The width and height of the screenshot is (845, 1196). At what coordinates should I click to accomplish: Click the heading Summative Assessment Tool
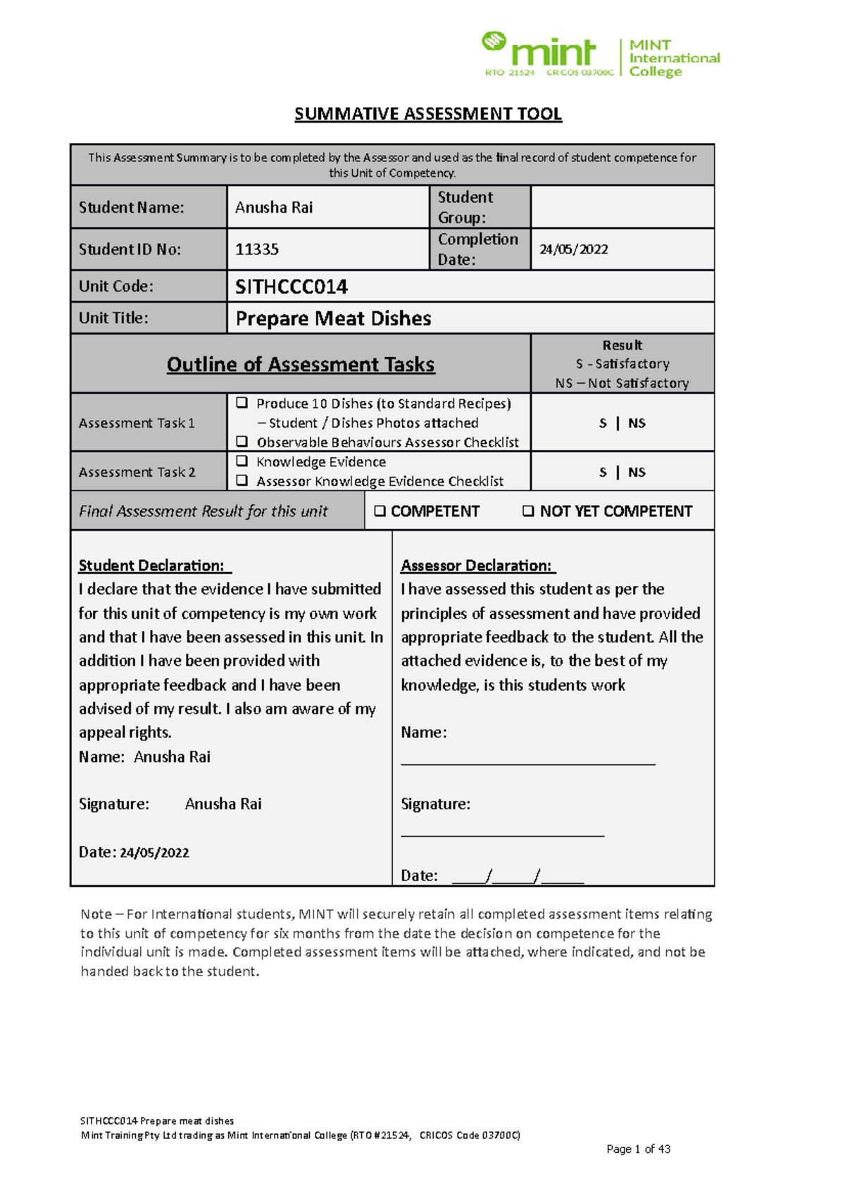pos(428,114)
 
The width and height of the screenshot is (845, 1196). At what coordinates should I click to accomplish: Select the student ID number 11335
pos(257,249)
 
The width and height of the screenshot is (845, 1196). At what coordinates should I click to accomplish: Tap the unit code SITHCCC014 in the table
pos(292,287)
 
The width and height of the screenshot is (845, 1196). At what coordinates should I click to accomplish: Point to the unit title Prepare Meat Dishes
pos(333,318)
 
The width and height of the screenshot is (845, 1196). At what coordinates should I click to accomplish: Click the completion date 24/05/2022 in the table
pos(573,249)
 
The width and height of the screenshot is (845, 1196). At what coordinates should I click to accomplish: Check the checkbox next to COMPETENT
pos(380,511)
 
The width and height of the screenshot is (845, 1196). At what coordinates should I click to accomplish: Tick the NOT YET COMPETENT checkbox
pos(528,511)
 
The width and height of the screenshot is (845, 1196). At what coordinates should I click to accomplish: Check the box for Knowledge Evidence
pos(242,461)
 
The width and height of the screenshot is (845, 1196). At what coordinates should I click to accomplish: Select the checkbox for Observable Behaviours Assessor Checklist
pos(242,442)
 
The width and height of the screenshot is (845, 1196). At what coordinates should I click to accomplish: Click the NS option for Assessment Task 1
pos(637,423)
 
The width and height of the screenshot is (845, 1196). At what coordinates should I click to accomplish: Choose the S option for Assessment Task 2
pos(603,473)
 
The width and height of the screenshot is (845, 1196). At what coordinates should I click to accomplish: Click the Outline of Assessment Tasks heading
pos(301,364)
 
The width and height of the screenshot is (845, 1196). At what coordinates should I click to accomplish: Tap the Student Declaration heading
pos(155,566)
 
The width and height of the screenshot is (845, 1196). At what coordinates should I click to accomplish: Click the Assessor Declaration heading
pos(478,566)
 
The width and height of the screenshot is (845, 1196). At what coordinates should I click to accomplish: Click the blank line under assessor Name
pos(528,762)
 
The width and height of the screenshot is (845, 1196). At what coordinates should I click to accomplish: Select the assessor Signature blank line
pos(503,835)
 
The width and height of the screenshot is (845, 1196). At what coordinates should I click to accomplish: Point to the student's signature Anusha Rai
pos(223,804)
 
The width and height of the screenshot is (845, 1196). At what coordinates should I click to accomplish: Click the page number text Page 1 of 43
pos(638,1150)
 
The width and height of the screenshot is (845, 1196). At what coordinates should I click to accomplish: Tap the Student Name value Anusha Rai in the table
pos(274,208)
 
